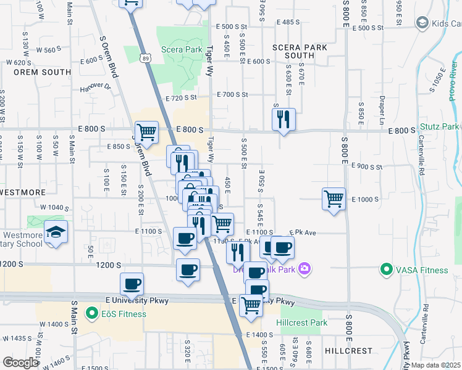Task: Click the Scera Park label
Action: click(x=182, y=49)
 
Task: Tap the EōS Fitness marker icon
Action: click(x=91, y=313)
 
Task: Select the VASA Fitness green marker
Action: click(x=387, y=269)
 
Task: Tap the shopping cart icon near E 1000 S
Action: click(x=334, y=199)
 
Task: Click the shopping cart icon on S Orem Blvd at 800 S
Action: click(x=146, y=131)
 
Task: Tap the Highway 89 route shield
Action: click(x=144, y=57)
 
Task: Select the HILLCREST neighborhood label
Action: click(x=348, y=351)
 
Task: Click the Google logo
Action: click(x=20, y=362)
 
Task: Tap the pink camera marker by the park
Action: click(x=304, y=269)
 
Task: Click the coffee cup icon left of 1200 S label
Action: click(x=188, y=269)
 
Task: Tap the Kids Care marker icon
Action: click(x=422, y=23)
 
